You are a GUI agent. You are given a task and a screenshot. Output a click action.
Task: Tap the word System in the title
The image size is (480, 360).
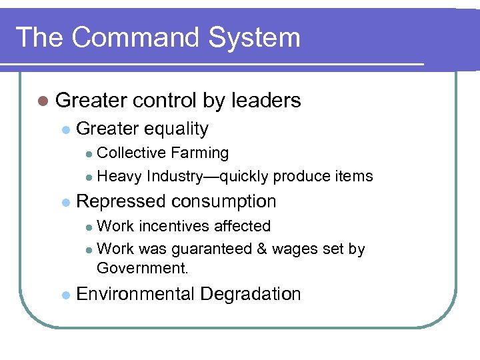coord(256,37)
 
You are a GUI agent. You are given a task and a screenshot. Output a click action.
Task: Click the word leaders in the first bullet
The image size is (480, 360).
coord(266,101)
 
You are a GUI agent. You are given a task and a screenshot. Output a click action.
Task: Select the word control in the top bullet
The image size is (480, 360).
coord(164,101)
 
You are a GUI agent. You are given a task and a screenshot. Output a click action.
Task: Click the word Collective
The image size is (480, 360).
coord(131,153)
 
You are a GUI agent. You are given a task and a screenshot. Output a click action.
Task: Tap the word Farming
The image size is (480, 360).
coord(199,153)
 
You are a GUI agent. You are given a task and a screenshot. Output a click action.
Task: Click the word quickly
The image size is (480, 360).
coord(245,177)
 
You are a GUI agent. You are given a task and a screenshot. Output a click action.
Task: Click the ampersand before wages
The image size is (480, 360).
coord(261,250)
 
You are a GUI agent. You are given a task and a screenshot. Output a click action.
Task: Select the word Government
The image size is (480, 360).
coord(142,269)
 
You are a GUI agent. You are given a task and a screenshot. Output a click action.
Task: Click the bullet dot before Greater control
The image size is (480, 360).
coord(43,101)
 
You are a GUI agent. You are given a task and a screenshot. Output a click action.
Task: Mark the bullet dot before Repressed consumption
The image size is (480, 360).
coord(65,202)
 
